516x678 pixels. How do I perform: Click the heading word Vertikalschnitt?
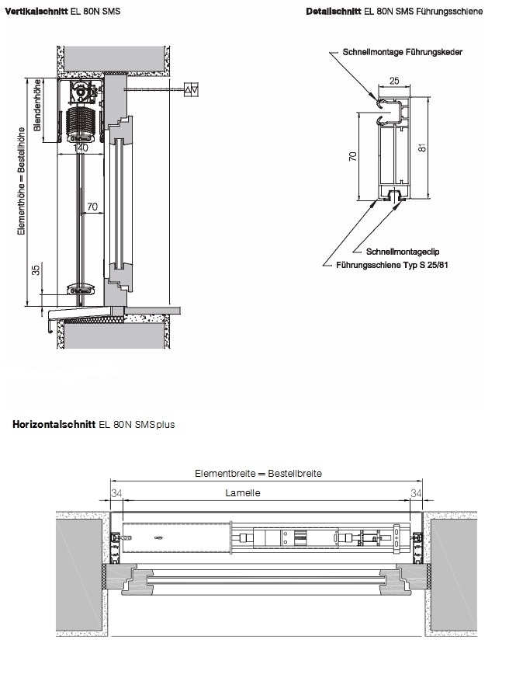pos(36,11)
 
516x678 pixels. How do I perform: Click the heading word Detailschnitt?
pos(333,12)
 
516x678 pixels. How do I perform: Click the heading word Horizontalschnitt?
pos(54,424)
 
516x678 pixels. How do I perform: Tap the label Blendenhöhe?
pos(37,105)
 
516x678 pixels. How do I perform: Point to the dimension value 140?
pos(81,148)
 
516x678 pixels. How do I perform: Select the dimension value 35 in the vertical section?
pos(36,269)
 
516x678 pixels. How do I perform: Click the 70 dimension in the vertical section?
pos(92,207)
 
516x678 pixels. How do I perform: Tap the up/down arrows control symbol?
pos(192,89)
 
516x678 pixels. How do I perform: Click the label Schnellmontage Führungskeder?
pos(403,52)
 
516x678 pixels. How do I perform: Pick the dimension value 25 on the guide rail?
pos(394,81)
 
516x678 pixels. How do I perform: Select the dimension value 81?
pos(423,147)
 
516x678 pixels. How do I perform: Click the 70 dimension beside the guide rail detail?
pos(353,157)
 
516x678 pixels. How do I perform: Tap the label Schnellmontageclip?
pos(403,252)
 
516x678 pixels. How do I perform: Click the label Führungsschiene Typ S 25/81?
pos(392,265)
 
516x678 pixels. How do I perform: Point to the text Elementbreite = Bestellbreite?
pos(258,474)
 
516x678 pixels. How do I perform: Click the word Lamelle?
pos(243,493)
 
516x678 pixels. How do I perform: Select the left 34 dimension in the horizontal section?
pos(116,493)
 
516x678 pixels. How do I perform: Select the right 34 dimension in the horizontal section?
pos(416,493)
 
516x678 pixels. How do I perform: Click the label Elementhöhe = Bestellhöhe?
pos(21,182)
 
